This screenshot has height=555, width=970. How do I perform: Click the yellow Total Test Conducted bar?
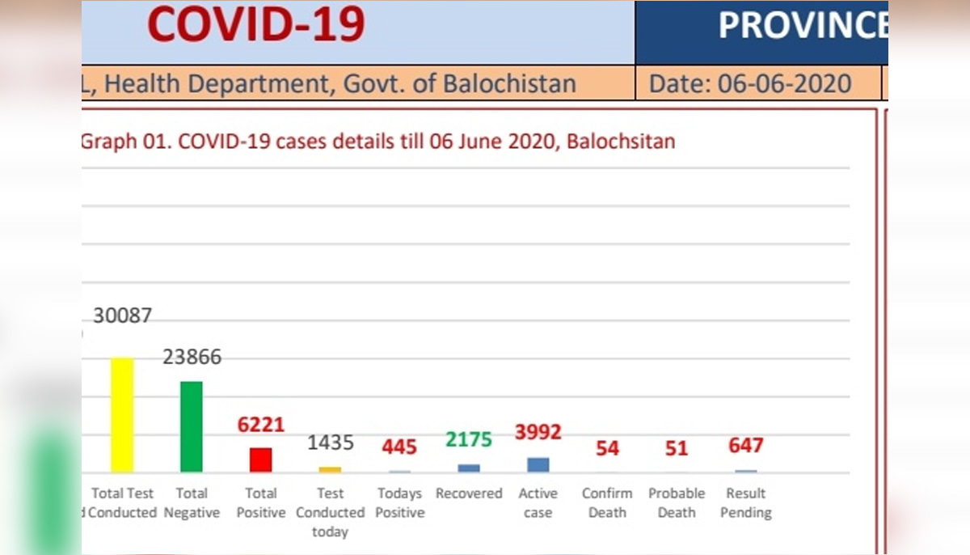tap(122, 415)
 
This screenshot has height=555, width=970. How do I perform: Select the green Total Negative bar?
tap(192, 426)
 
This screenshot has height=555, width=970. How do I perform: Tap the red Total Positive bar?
tap(260, 460)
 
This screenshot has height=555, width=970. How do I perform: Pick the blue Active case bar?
tap(538, 464)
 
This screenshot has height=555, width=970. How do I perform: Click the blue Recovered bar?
tap(469, 468)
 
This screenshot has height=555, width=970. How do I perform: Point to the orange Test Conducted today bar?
tap(330, 469)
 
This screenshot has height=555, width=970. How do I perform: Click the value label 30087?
tap(122, 316)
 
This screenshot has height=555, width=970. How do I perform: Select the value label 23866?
tap(192, 357)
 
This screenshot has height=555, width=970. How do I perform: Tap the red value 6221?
tap(261, 425)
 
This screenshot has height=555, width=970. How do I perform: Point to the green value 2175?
tap(469, 439)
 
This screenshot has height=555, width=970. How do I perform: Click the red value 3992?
tap(538, 432)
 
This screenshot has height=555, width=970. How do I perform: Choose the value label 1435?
tap(331, 443)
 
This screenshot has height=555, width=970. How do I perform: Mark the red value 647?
tap(745, 445)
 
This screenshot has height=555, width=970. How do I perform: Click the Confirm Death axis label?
tap(607, 502)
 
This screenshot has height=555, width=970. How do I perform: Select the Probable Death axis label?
tap(677, 502)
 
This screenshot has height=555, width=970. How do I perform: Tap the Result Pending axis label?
tap(746, 502)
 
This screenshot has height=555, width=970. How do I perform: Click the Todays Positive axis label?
tap(399, 502)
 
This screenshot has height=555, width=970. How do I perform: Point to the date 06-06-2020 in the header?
tap(778, 83)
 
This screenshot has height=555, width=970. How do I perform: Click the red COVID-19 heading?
tap(255, 24)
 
